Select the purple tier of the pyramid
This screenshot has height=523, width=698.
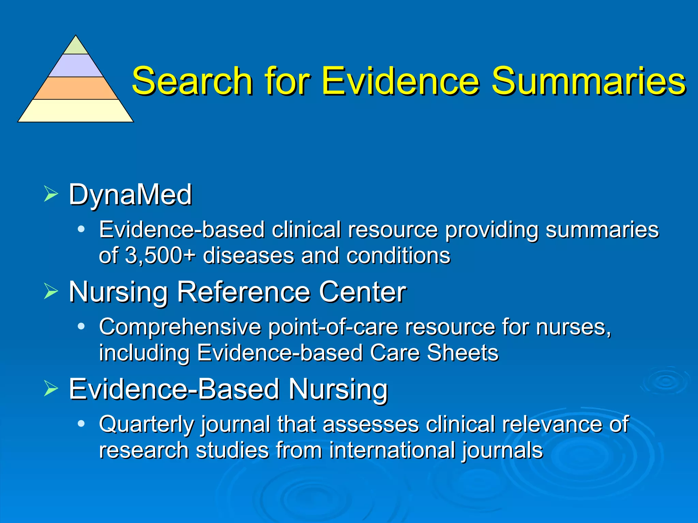[76, 65]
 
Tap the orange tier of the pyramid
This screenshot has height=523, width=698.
[76, 88]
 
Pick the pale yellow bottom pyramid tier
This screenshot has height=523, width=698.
[76, 111]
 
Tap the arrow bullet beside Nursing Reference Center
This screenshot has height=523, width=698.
[51, 291]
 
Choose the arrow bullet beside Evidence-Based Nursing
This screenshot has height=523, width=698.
[51, 389]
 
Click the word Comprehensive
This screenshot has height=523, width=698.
[180, 327]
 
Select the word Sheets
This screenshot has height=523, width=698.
[462, 353]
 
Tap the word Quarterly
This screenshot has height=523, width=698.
[147, 425]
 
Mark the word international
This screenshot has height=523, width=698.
[392, 450]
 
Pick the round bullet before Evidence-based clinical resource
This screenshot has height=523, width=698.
[81, 229]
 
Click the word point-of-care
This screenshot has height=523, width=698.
[333, 327]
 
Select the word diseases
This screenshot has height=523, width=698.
[248, 255]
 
